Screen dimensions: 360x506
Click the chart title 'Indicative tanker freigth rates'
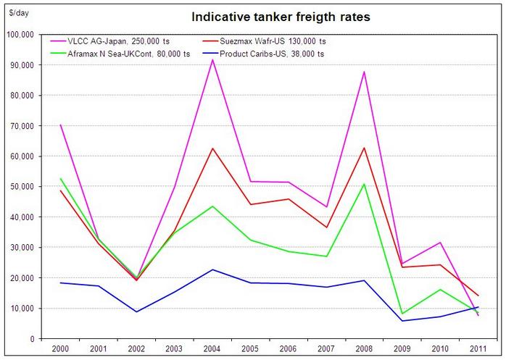(281, 16)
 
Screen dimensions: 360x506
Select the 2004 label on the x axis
(213, 349)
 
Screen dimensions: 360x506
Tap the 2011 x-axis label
(478, 349)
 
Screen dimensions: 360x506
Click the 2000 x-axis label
(61, 349)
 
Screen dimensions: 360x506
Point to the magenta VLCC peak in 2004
(212, 59)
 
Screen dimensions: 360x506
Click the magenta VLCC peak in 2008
(364, 72)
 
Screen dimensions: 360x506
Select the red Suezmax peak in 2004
(212, 148)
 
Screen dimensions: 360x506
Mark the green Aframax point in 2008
(364, 184)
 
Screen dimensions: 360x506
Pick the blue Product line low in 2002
(137, 311)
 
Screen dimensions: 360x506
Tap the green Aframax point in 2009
(402, 314)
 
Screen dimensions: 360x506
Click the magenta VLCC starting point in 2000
(61, 125)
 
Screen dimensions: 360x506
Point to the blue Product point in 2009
(402, 321)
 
